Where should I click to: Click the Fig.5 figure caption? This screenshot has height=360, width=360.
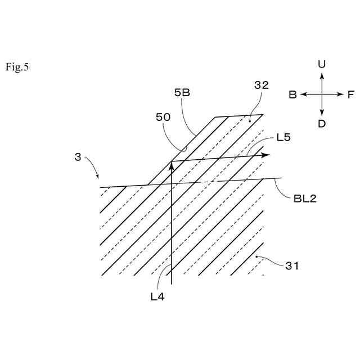coord(17,67)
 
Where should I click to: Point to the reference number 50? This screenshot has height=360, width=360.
coord(164,118)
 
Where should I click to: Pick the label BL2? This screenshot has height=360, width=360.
coord(305,198)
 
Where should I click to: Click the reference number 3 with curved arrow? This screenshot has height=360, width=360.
coord(78,157)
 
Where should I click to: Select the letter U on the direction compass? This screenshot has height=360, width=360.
coord(322,65)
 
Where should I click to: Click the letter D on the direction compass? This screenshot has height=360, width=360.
coord(322,124)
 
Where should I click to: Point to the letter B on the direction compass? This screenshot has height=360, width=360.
coord(292,94)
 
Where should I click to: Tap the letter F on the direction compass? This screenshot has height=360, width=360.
coord(350,94)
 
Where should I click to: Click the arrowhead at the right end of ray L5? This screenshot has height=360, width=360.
coord(267,155)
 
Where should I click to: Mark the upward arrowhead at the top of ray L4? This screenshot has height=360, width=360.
coord(171,165)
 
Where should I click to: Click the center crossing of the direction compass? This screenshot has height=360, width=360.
coord(322,94)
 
